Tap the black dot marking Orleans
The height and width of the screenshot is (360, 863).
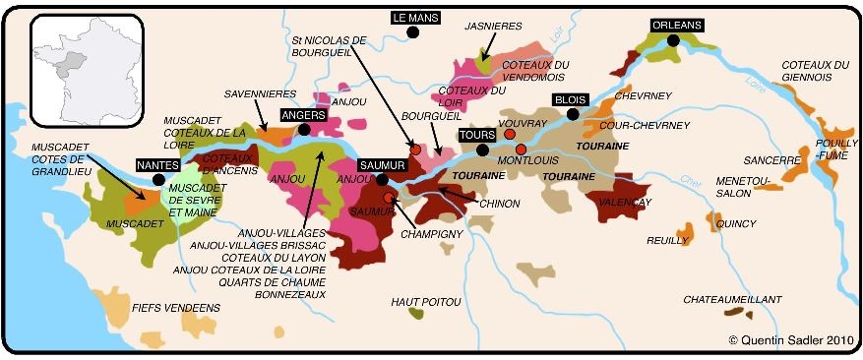673,40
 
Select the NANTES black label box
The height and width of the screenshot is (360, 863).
158,165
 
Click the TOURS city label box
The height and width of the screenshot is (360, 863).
477,135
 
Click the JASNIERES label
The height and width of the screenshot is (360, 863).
491,27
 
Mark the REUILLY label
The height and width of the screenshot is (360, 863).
667,240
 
